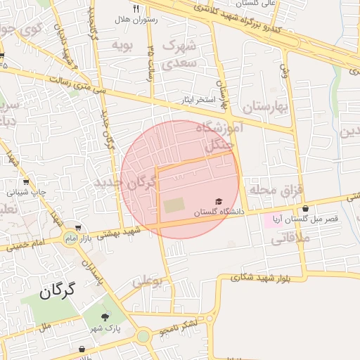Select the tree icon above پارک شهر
105,317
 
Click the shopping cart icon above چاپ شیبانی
26,181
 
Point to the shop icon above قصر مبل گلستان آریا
305,209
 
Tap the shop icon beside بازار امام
78,228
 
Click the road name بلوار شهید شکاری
263,278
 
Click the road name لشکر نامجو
179,326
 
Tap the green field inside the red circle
174,205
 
